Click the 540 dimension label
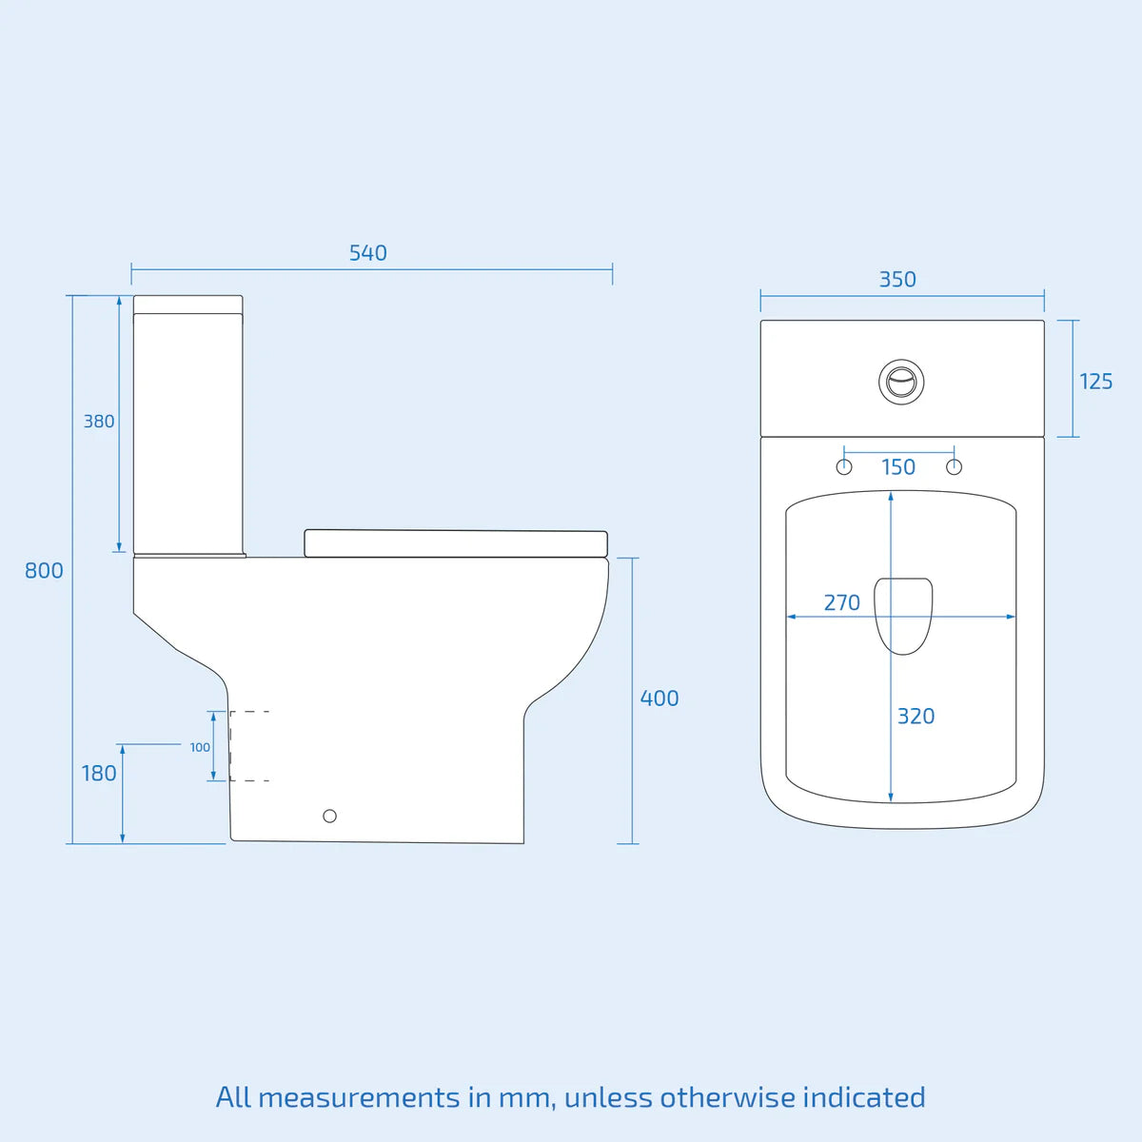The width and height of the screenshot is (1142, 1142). pos(367,253)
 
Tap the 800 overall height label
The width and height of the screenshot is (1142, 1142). pos(44,571)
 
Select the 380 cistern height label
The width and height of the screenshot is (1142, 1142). pos(99,422)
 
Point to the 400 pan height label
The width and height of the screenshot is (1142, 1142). pos(659,699)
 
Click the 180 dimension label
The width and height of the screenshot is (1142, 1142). pos(99,774)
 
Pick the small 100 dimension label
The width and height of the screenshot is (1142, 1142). pos(200,747)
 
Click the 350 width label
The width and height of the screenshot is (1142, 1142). pos(897,280)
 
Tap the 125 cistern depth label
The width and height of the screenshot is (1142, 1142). pos(1095,382)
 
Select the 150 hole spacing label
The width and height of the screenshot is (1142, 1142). pos(898,467)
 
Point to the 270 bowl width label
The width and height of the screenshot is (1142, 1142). pos(842,602)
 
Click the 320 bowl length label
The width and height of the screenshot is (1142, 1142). pos(916,717)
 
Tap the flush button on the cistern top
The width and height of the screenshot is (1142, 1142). pos(901,381)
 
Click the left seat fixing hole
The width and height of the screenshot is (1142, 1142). pos(844,467)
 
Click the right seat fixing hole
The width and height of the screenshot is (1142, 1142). pos(955,467)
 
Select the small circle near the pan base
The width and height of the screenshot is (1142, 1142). pos(329,816)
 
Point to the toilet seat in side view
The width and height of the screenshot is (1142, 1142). pos(455,543)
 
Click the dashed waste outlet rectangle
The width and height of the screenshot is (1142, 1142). pos(249,746)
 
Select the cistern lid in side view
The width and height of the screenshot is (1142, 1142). pos(188,305)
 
